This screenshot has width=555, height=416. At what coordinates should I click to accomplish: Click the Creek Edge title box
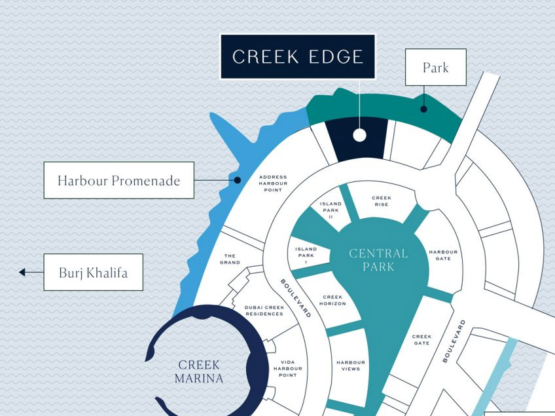pyautogui.click(x=298, y=57)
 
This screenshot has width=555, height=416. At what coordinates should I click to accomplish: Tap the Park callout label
pyautogui.click(x=435, y=67)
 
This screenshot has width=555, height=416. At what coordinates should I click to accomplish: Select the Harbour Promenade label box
pyautogui.click(x=118, y=180)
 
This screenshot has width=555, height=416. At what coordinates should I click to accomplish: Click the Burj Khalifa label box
pyautogui.click(x=93, y=272)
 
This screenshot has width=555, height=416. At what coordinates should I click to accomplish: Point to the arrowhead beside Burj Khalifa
pyautogui.click(x=22, y=272)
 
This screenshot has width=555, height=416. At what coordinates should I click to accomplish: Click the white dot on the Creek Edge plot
pyautogui.click(x=359, y=135)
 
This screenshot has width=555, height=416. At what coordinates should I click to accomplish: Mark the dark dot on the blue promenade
pyautogui.click(x=238, y=180)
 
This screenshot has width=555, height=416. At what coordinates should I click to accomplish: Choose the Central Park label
pyautogui.click(x=378, y=259)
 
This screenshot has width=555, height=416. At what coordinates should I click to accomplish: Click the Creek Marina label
pyautogui.click(x=199, y=371)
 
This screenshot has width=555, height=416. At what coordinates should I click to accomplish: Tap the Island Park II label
pyautogui.click(x=331, y=210)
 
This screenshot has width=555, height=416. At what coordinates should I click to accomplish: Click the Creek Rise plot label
pyautogui.click(x=381, y=200)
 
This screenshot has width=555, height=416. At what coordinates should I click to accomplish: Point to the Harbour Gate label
pyautogui.click(x=443, y=255)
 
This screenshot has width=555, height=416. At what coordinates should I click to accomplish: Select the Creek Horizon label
pyautogui.click(x=332, y=300)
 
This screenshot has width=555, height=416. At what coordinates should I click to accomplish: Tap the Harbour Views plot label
pyautogui.click(x=351, y=366)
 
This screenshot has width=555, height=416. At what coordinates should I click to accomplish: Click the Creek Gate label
pyautogui.click(x=421, y=339)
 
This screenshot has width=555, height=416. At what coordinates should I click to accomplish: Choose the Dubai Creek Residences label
pyautogui.click(x=264, y=310)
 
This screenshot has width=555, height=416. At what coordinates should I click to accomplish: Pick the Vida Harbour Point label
pyautogui.click(x=287, y=368)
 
